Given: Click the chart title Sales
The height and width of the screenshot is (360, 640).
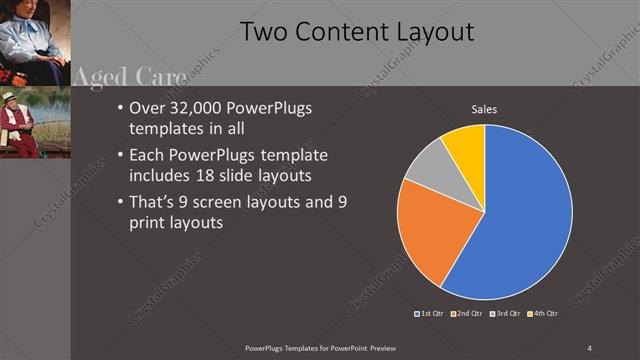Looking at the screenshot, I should [484, 109].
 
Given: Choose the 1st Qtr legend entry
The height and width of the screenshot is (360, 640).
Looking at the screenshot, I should [431, 313].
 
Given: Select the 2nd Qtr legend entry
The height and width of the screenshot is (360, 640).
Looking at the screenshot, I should [467, 313].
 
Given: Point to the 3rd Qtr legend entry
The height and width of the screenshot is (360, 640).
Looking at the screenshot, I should [505, 313].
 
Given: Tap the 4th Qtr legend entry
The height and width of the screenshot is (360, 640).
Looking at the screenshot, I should [542, 313].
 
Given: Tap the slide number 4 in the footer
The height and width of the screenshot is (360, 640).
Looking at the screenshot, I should [589, 347].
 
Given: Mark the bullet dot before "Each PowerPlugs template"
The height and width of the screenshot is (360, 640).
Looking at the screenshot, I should [121, 156].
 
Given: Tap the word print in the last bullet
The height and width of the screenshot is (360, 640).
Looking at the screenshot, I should [150, 223].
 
